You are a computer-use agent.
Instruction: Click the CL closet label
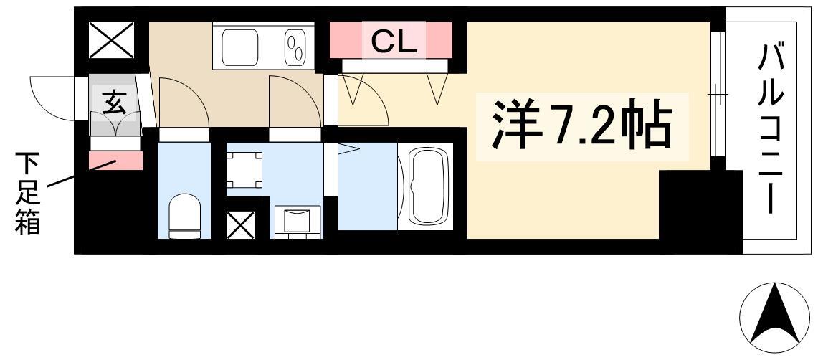tap(394, 42)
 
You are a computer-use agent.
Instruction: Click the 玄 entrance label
tap(115, 103)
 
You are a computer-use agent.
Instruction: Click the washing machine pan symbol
tap(244, 169)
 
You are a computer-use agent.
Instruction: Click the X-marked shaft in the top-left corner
tap(111, 41)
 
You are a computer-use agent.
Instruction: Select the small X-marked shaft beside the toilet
tap(240, 225)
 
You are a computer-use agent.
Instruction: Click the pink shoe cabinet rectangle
tap(115, 160)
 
